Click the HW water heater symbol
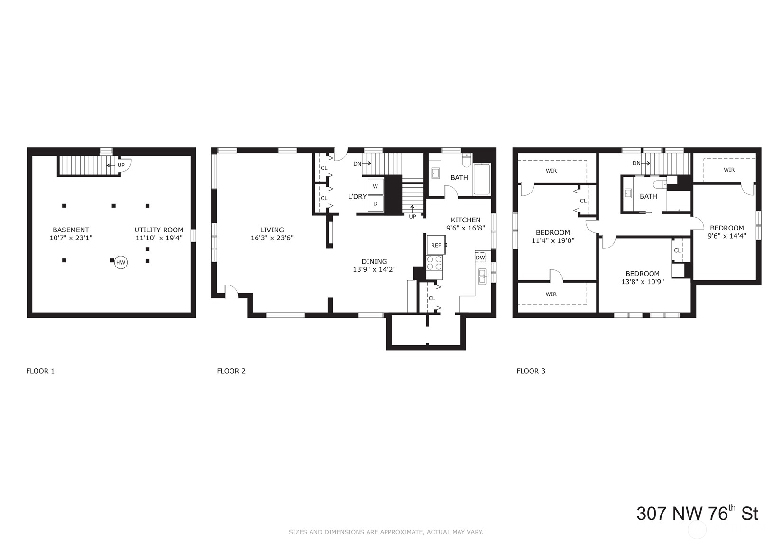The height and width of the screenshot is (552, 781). point(121,262)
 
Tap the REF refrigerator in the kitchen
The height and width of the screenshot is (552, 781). point(436,245)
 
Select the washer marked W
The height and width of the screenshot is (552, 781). point(375,187)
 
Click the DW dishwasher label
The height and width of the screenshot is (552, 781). point(480,258)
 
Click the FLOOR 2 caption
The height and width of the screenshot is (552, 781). point(231,371)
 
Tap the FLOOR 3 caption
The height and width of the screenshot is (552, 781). point(531,371)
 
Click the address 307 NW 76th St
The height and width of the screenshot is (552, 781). point(697,514)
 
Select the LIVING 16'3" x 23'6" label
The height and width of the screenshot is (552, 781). point(272,234)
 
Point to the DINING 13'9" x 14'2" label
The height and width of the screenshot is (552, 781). point(374,265)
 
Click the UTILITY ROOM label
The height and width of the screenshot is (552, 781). point(159,234)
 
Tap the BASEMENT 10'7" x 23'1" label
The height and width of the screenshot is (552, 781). point(71,234)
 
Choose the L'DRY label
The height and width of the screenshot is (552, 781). point(357,196)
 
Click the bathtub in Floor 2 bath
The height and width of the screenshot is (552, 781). point(481,179)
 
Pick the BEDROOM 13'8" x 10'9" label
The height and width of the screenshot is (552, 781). point(642,277)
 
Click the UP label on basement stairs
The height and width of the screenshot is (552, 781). point(121,165)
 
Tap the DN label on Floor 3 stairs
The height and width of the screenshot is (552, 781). point(637,163)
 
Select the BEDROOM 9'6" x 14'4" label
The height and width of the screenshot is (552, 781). point(726,231)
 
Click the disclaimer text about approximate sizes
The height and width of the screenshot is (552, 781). point(386,532)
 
